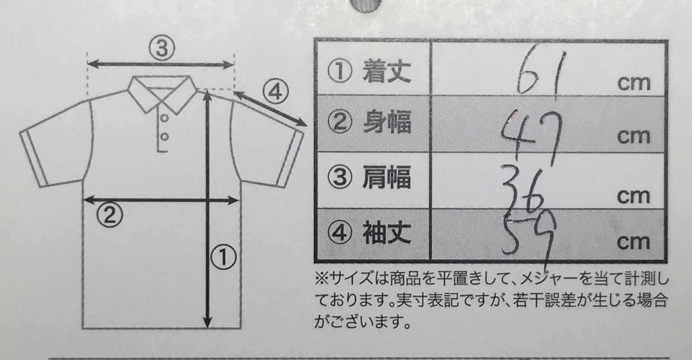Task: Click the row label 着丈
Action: coord(387,71)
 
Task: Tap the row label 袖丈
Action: coord(387,232)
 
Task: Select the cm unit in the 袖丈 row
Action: coord(633,242)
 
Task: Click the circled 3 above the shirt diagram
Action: coord(162,48)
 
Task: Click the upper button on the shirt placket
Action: coord(165,118)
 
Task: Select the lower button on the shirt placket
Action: coord(165,137)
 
